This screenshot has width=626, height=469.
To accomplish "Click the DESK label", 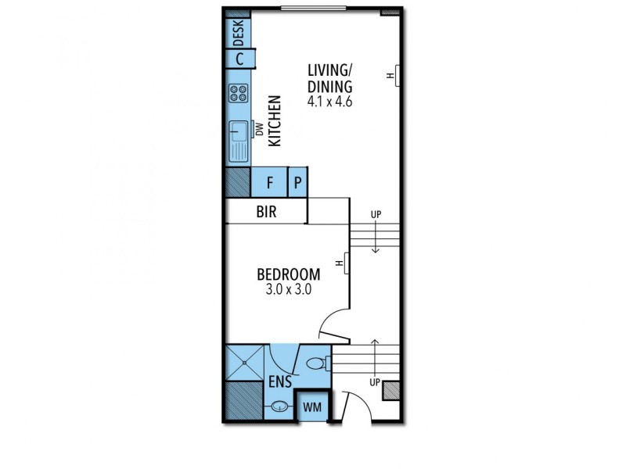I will (x=239, y=33).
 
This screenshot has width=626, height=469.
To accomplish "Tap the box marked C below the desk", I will (x=239, y=58).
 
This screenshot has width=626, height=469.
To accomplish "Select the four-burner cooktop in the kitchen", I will (x=239, y=94).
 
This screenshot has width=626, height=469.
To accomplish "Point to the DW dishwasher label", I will (x=259, y=131).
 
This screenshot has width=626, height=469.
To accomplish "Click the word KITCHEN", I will (x=275, y=121).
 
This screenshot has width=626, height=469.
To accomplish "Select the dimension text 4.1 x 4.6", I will (x=330, y=102).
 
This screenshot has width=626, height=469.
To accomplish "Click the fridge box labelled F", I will (x=269, y=184).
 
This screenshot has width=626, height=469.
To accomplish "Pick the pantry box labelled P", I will (x=298, y=184).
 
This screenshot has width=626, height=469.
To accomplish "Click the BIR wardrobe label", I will (x=266, y=212).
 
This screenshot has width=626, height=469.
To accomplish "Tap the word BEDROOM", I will (x=289, y=274).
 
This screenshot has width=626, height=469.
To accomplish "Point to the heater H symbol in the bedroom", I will (x=345, y=264).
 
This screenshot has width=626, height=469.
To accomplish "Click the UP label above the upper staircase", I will (x=376, y=214).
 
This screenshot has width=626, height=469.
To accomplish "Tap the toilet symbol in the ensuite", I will (x=316, y=363).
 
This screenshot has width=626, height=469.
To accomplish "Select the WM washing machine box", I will (x=313, y=408).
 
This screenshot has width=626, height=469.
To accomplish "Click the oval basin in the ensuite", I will (x=279, y=407).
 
